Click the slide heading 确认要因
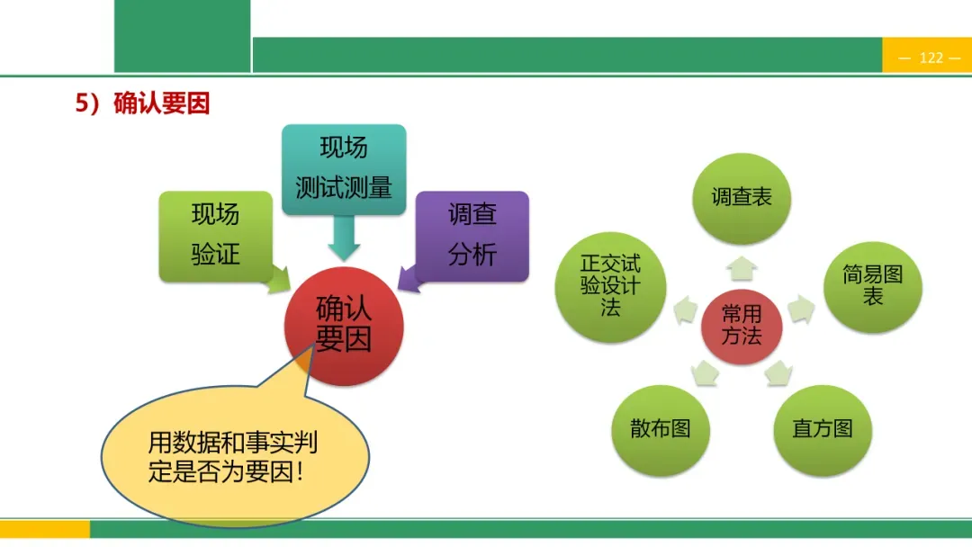tap(143, 103)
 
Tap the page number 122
tap(931, 58)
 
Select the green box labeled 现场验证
tap(215, 235)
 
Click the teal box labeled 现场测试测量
tap(344, 168)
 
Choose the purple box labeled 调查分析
tap(472, 235)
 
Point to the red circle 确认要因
tap(344, 326)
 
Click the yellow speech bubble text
tap(233, 457)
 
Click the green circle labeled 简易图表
tap(872, 285)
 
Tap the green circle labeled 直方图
tap(822, 429)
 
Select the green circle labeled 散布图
tap(660, 429)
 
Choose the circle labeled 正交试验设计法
tap(610, 285)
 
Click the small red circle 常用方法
tap(742, 325)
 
